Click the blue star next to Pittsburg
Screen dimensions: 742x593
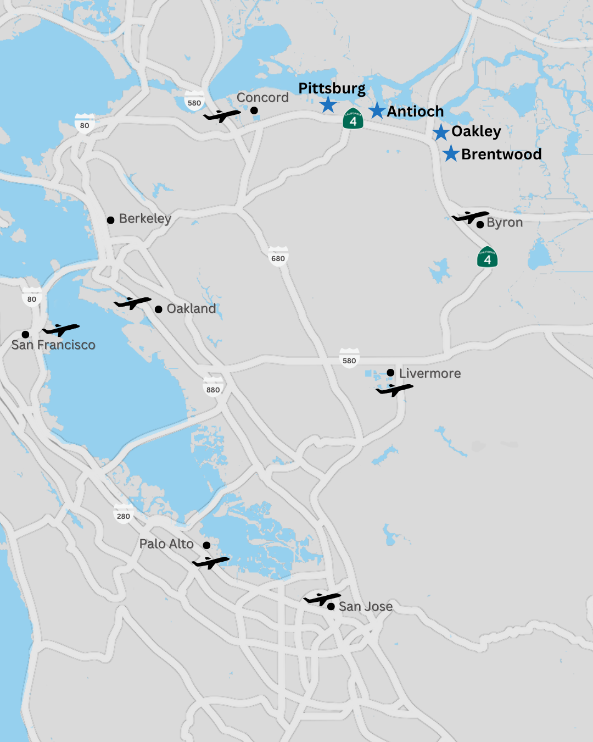point(328,104)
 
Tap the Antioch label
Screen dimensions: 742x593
point(415,112)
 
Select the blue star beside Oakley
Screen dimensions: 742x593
point(440,132)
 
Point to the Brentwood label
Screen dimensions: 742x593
point(501,154)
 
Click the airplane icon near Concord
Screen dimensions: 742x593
point(222,115)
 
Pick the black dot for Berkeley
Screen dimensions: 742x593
point(110,220)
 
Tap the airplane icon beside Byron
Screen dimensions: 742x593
point(470,217)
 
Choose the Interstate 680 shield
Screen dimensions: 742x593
point(278,257)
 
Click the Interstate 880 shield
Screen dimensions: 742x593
point(213,388)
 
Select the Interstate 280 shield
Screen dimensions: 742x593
point(124,514)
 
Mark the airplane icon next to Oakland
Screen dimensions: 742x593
point(132,302)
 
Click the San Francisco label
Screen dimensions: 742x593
point(53,345)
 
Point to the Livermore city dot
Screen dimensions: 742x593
point(390,373)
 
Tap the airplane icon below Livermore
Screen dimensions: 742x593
point(394,390)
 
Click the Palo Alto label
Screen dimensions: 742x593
point(166,544)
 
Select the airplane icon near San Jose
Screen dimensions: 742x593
point(322,599)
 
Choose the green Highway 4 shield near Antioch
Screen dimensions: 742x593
point(353,119)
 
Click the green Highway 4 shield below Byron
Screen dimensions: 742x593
point(487,258)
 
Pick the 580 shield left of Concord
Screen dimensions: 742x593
point(194,102)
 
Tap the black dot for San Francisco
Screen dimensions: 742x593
point(25,334)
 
